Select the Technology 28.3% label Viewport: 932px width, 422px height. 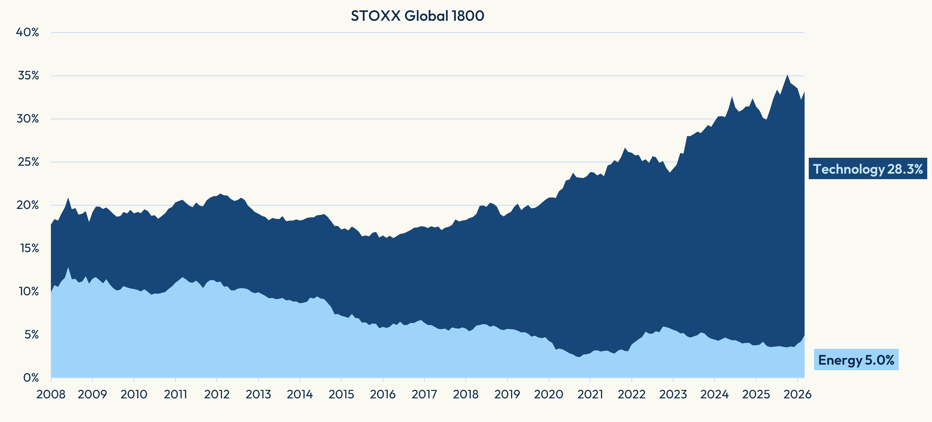pos(868,169)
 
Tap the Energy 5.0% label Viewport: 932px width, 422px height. pos(856,360)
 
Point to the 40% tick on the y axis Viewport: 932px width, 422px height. pos(27,32)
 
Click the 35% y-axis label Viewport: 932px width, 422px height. pos(28,76)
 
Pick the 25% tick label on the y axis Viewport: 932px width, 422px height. pos(28,162)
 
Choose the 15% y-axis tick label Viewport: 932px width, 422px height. pos(29,248)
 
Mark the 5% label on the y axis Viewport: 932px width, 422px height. pos(31,335)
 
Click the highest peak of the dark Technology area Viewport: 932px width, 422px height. pos(787,75)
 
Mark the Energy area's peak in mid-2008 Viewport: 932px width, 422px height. pos(68,268)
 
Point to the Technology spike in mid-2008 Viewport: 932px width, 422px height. pos(68,198)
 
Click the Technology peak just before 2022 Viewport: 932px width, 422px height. pos(625,148)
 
